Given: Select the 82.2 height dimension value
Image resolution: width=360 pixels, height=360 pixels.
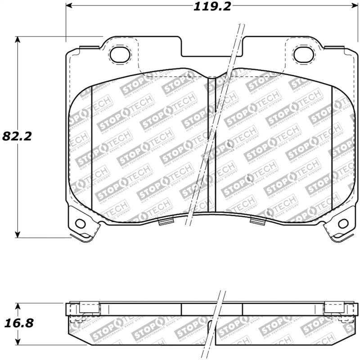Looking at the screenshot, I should [17, 136].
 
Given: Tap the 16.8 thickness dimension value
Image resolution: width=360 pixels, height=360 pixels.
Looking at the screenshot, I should [17, 323].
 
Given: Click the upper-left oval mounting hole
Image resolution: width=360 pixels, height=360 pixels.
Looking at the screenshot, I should [119, 54].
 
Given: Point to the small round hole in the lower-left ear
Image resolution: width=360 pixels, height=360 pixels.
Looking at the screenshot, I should [81, 223].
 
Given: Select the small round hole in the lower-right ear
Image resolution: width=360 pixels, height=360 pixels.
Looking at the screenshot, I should [343, 223].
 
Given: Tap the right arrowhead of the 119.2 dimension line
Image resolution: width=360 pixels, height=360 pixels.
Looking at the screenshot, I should [351, 6].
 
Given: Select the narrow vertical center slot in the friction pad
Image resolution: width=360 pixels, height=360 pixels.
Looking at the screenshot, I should [211, 144].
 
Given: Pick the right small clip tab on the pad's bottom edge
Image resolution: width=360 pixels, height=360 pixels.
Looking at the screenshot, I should [256, 220].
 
